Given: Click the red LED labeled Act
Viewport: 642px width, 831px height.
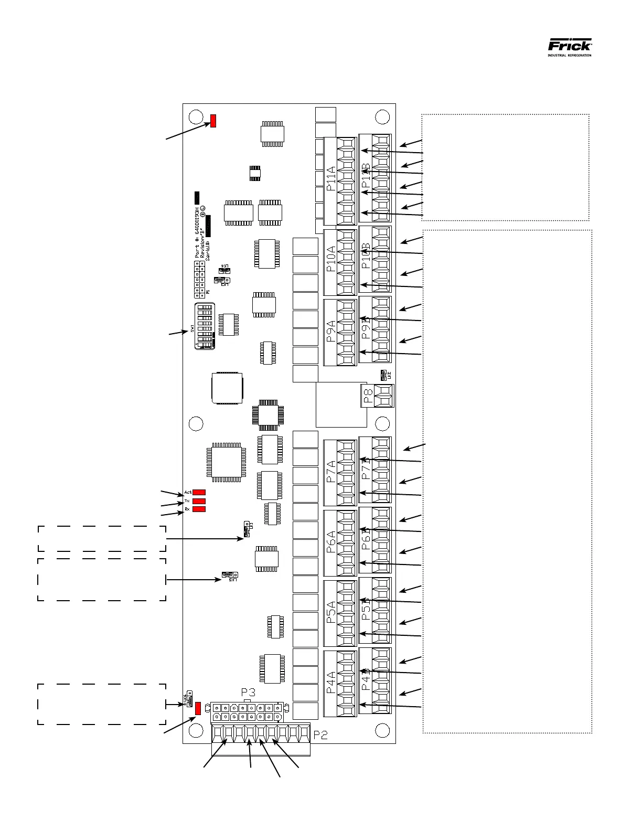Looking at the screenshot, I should click(x=199, y=493).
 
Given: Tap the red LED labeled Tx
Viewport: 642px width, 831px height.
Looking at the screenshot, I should click(x=199, y=501).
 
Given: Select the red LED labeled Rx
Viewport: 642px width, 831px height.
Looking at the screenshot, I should click(x=199, y=509).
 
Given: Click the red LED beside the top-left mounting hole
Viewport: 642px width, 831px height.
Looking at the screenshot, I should click(x=213, y=121).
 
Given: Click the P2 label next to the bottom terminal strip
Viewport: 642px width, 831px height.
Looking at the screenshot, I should click(x=321, y=736).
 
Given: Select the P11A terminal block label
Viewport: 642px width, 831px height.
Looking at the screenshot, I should click(x=331, y=178).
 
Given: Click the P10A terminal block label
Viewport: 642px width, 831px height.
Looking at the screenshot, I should click(x=331, y=259).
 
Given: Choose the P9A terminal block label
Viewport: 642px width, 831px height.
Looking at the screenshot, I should click(x=331, y=332).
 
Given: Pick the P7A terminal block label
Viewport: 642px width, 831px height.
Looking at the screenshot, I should click(x=331, y=471).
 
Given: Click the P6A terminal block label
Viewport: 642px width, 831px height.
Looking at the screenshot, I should click(x=331, y=542).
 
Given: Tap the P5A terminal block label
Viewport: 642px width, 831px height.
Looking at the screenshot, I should click(x=331, y=612).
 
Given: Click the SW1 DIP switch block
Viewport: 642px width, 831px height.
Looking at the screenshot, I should click(x=204, y=326).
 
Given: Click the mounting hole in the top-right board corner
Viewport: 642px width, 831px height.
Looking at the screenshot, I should click(x=382, y=116).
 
